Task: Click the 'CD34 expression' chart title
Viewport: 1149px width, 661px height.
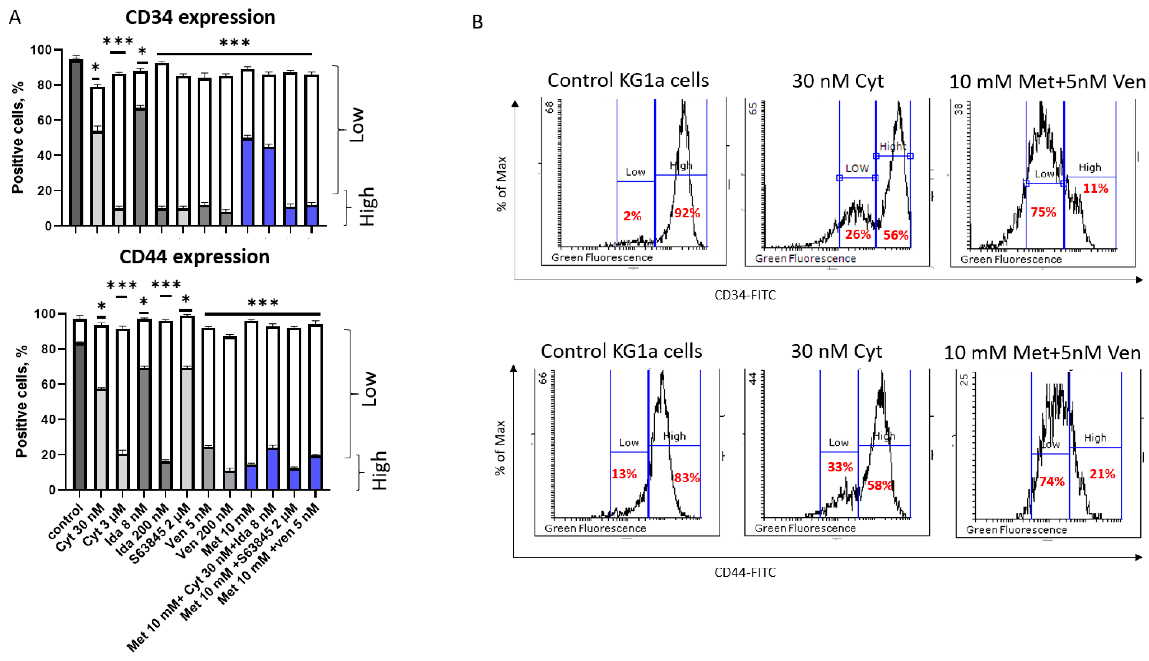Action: click(200, 18)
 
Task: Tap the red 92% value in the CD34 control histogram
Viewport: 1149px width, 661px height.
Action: click(686, 213)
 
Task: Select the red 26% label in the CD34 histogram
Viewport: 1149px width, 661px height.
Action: click(857, 235)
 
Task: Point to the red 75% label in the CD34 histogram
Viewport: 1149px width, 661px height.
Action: click(1043, 212)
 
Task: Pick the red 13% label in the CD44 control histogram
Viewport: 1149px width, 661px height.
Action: click(624, 474)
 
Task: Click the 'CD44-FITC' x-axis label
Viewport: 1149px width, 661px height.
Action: click(744, 572)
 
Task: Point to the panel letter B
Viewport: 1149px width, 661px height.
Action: click(477, 22)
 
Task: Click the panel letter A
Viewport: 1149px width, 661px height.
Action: click(15, 18)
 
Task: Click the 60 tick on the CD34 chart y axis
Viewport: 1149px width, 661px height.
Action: click(45, 120)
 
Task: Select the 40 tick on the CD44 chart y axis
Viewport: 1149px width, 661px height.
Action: click(48, 419)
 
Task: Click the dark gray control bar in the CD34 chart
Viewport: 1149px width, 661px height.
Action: click(76, 143)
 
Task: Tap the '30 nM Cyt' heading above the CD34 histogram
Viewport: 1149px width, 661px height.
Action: click(837, 81)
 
